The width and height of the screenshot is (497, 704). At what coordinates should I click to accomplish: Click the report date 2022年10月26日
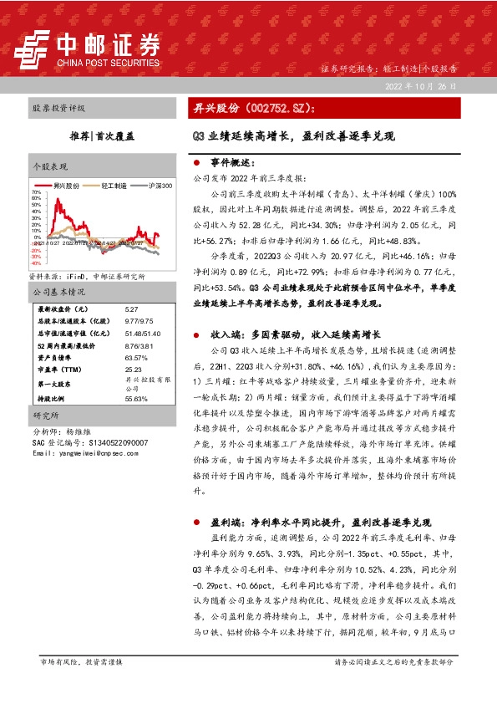419,86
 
